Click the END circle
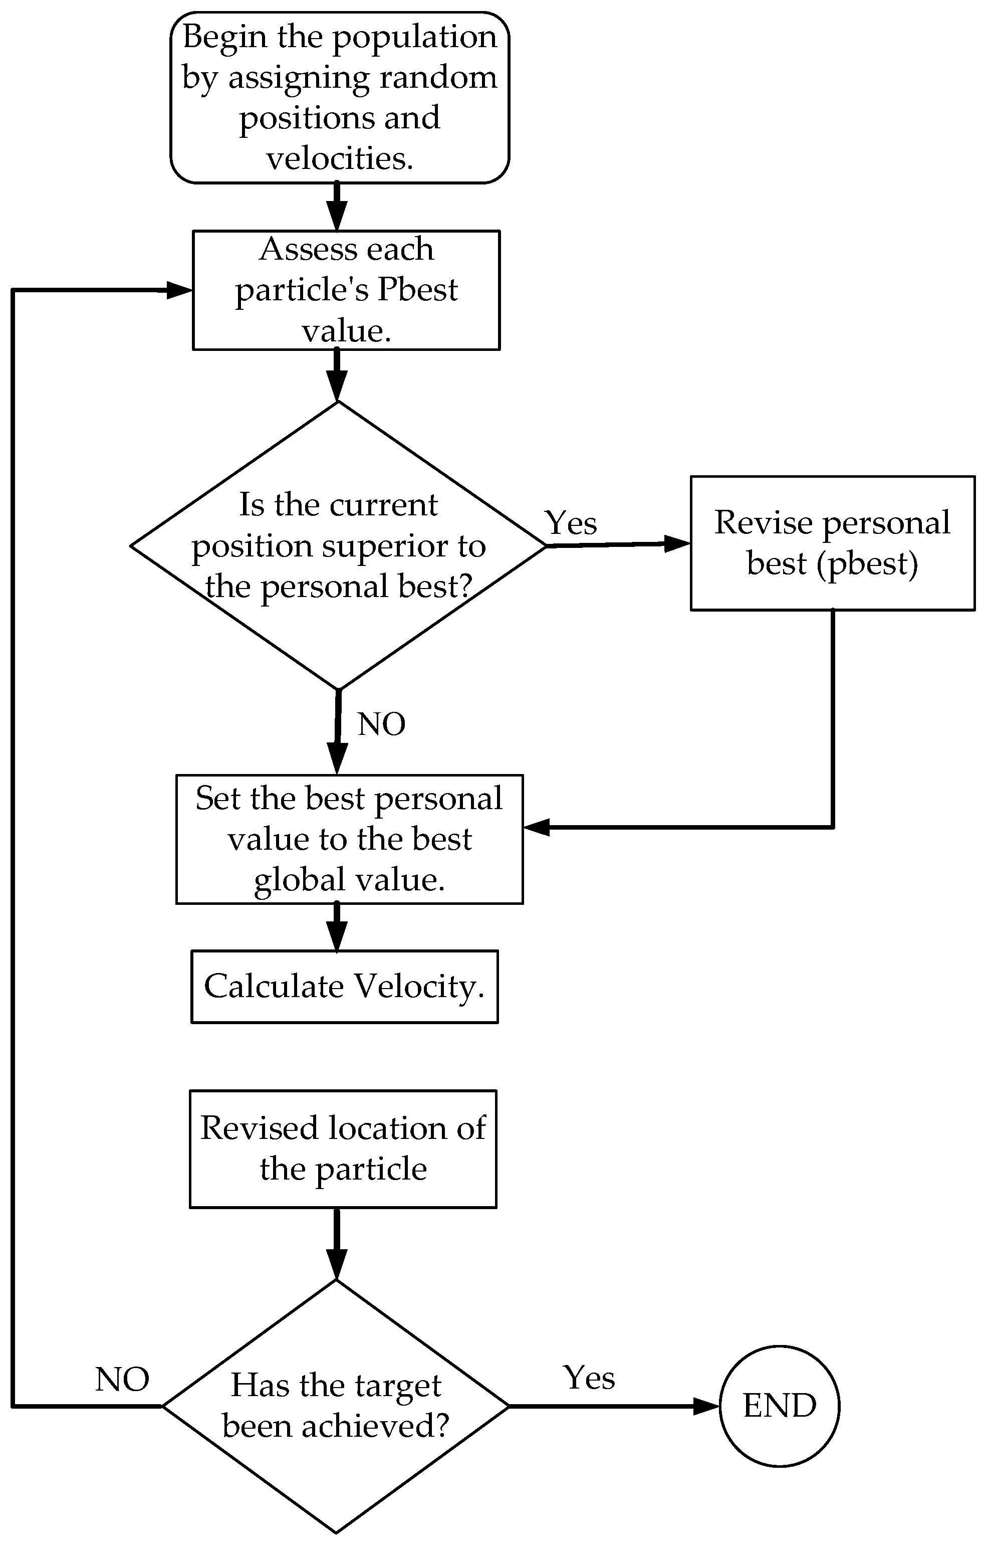(779, 1406)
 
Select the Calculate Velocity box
(344, 987)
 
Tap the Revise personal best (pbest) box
(832, 543)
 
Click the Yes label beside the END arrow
(589, 1377)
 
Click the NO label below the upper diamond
(381, 724)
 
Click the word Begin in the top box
(224, 37)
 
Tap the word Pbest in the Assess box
(417, 289)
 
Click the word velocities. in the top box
(340, 158)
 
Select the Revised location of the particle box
(343, 1149)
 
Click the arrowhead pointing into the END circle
(707, 1406)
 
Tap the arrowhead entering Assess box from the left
(179, 290)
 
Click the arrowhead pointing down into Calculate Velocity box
(337, 937)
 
